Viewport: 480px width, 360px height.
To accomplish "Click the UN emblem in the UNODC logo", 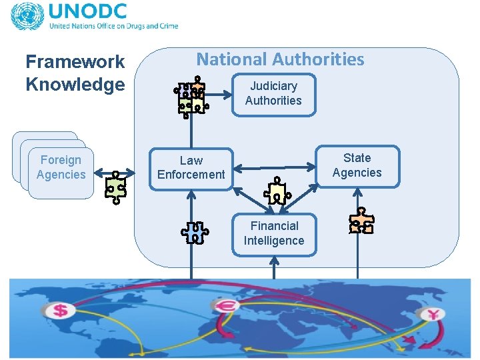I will tap(26, 17).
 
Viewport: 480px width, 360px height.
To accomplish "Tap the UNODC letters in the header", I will tap(87, 13).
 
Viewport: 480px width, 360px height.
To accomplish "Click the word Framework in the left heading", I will tap(75, 62).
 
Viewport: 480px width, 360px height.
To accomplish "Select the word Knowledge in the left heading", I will tap(75, 85).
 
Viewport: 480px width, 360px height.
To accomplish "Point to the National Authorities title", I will tap(280, 59).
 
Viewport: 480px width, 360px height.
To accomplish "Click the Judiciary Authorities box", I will tap(273, 94).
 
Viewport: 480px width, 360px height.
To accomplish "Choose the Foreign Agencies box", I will tap(61, 167).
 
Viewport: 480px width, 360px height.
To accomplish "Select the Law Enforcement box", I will tap(191, 168).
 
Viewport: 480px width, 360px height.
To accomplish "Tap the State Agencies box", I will tap(357, 166).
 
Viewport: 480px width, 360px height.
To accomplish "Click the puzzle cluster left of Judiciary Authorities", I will tap(191, 97).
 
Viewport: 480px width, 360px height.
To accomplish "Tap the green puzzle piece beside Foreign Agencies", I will tap(116, 187).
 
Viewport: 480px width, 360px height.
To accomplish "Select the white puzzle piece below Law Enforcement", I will tap(195, 232).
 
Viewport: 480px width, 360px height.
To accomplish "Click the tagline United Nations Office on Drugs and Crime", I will tap(113, 27).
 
